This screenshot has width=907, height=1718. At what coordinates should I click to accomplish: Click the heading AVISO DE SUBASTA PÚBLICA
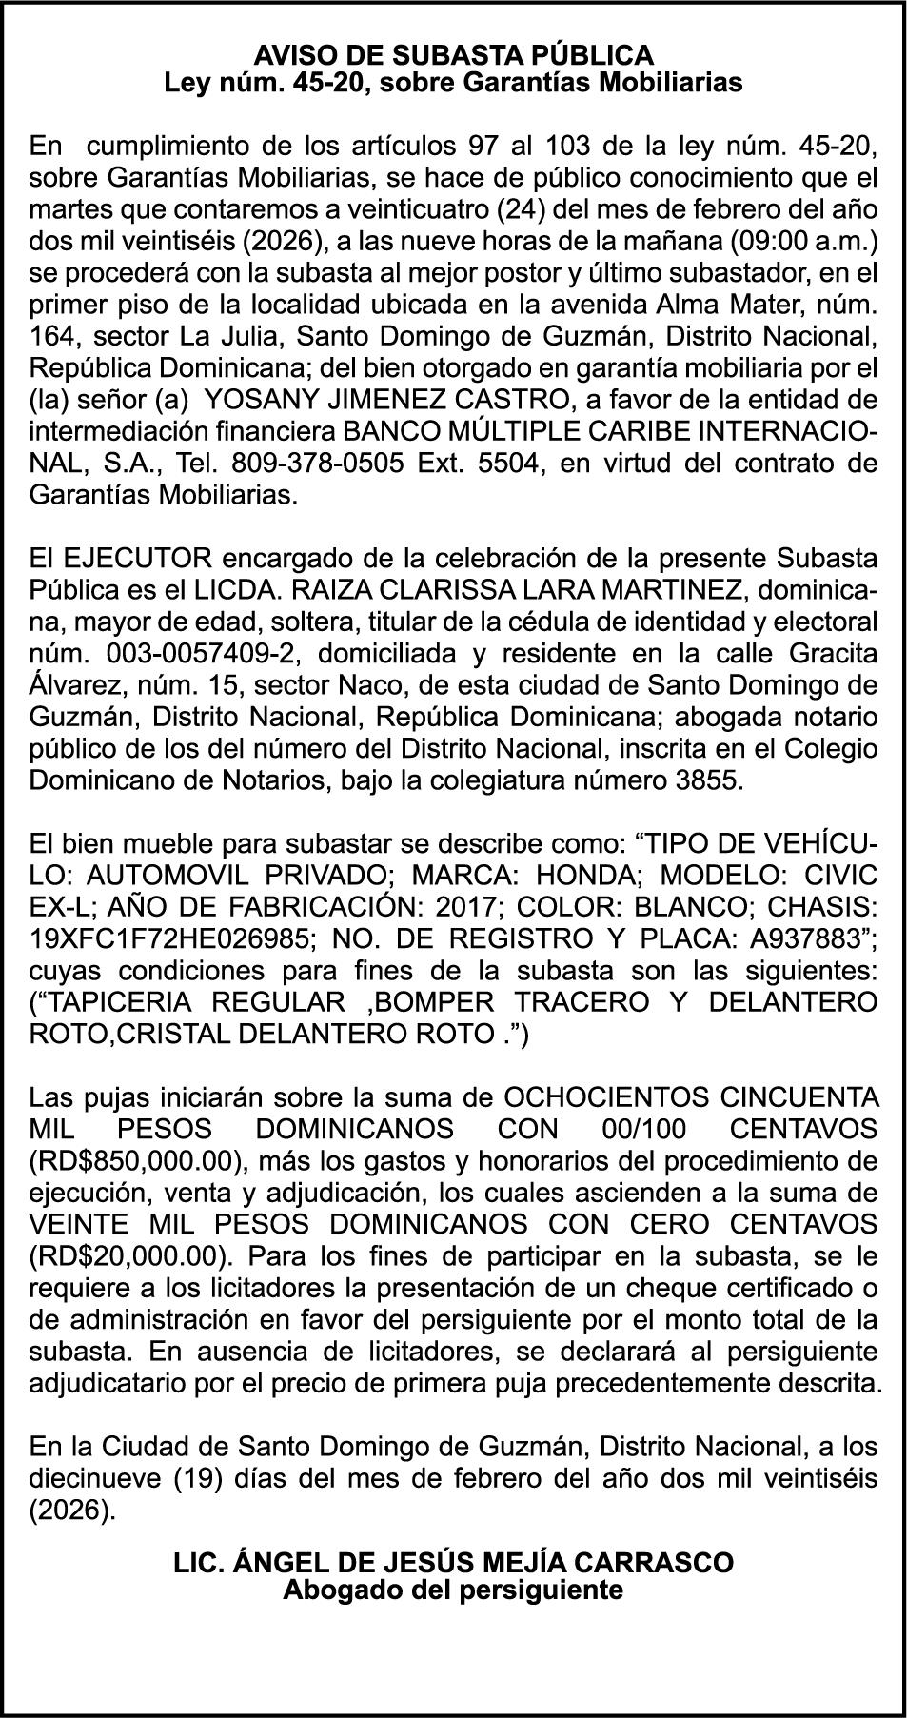click(453, 54)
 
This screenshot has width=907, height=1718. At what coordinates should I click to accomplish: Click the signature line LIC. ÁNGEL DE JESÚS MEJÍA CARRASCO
click(453, 1563)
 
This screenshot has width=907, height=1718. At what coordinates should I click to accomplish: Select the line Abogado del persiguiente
click(453, 1590)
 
